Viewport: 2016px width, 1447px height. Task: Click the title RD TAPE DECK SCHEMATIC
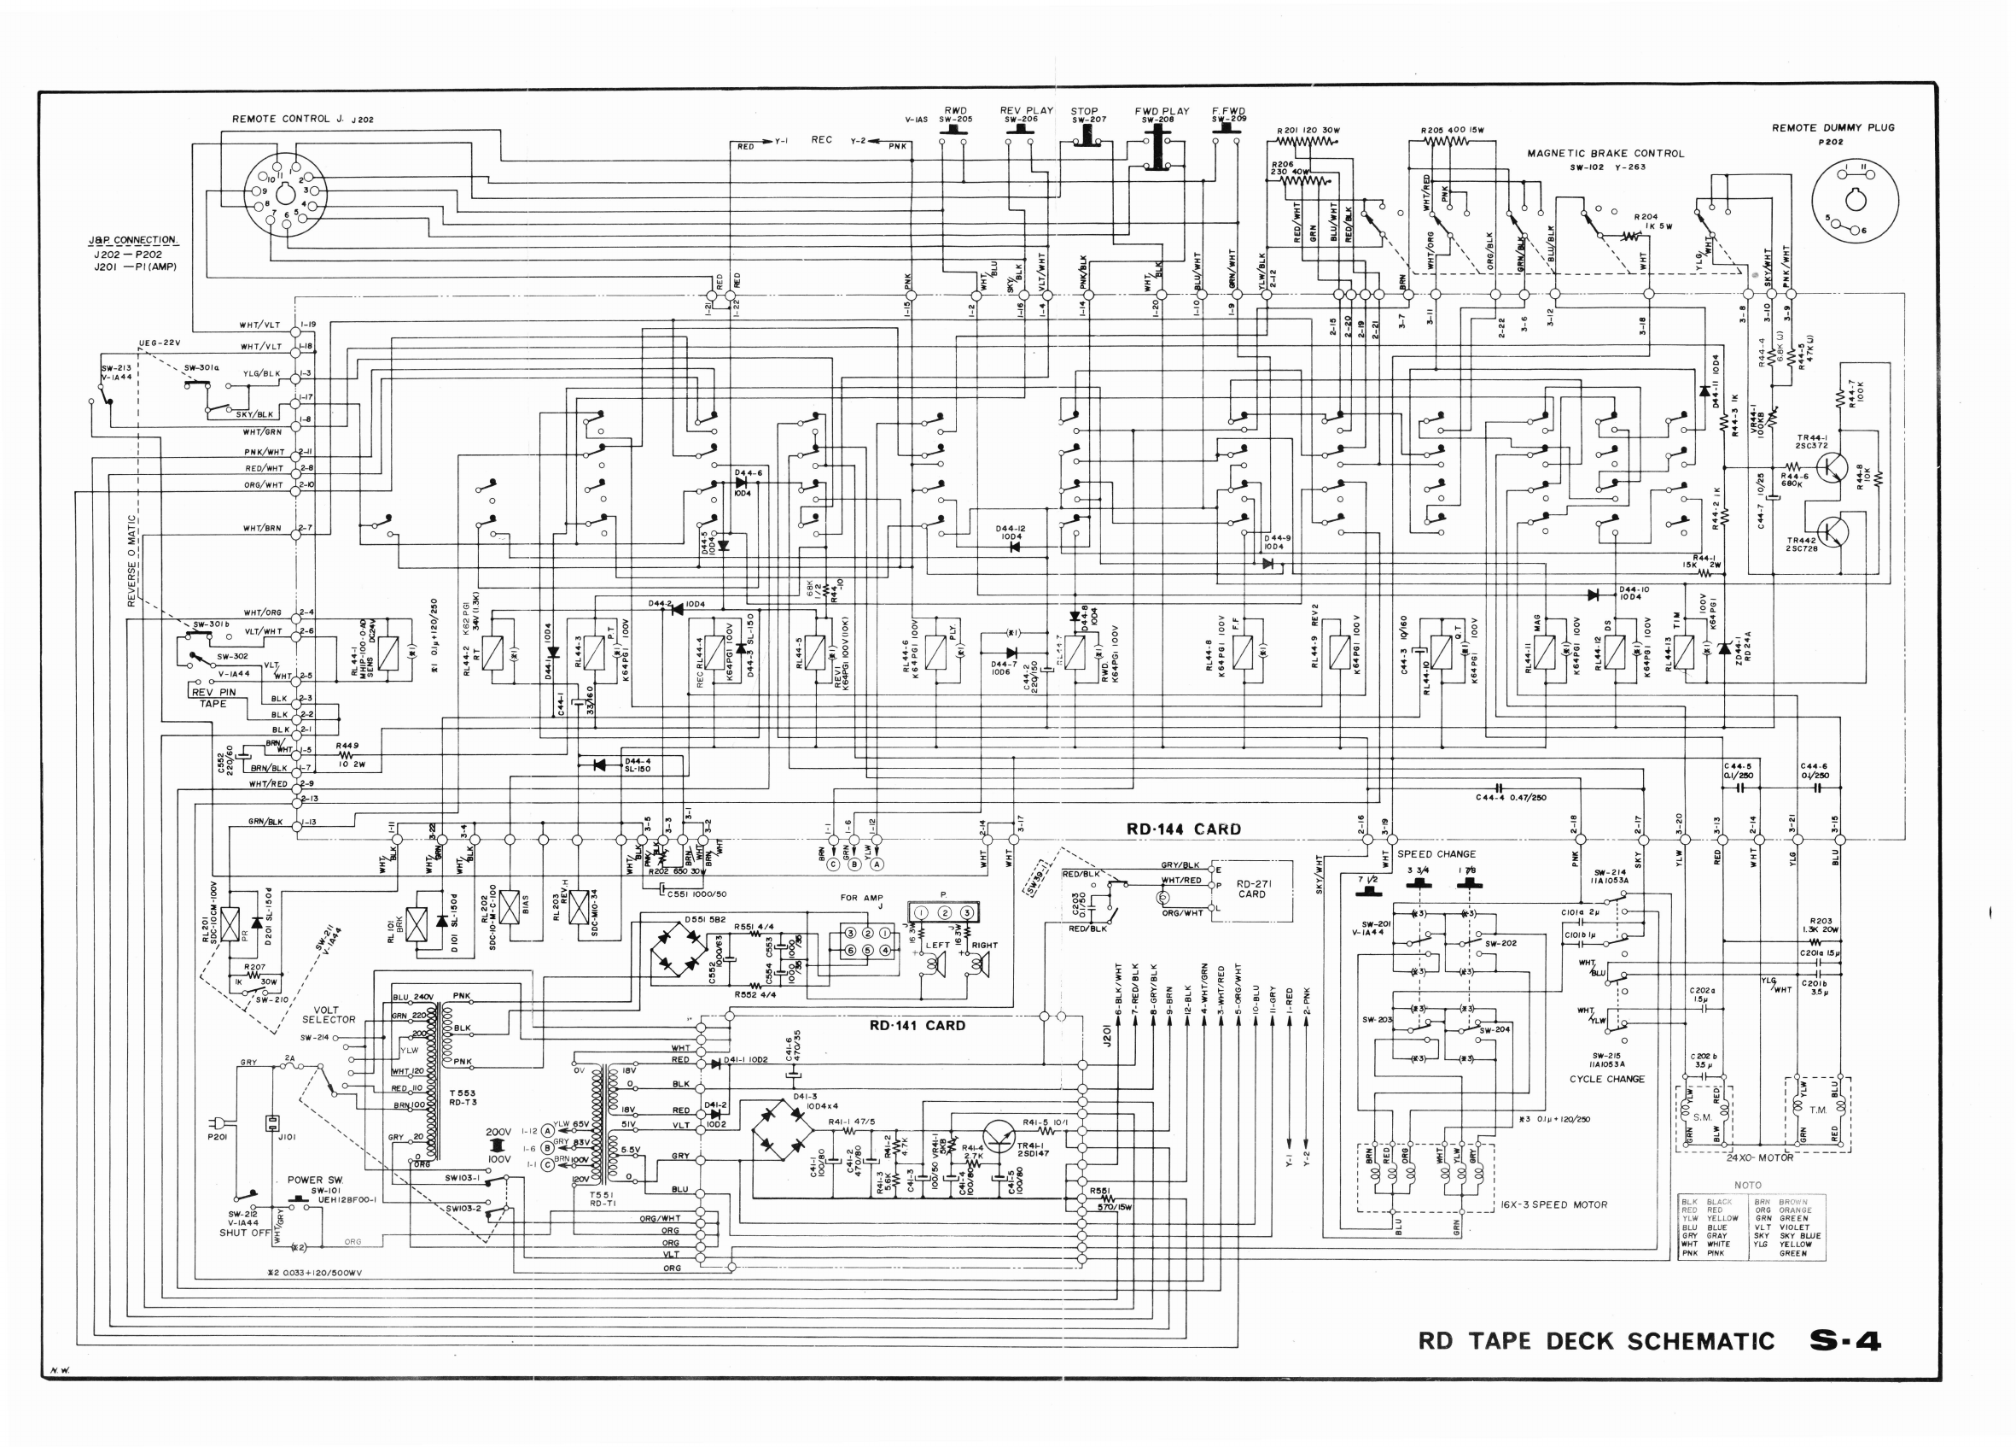1595,1341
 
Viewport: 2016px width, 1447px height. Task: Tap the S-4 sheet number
1845,1341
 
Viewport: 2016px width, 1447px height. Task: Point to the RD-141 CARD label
917,1025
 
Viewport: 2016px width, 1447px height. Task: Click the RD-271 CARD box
1250,889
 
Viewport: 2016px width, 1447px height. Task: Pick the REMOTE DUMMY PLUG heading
1832,128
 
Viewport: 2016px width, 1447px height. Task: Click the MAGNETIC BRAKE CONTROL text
1605,154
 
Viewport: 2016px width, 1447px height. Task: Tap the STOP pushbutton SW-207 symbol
1087,135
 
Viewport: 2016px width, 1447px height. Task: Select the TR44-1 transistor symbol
1831,466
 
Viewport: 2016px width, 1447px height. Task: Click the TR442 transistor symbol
1831,532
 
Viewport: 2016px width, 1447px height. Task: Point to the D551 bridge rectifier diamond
679,956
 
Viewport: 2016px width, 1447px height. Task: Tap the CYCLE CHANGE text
1606,1079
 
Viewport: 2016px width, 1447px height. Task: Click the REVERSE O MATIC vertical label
132,560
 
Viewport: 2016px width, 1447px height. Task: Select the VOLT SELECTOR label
328,1015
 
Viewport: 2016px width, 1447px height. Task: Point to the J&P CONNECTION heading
132,240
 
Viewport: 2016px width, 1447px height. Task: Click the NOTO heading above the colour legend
1746,1186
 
